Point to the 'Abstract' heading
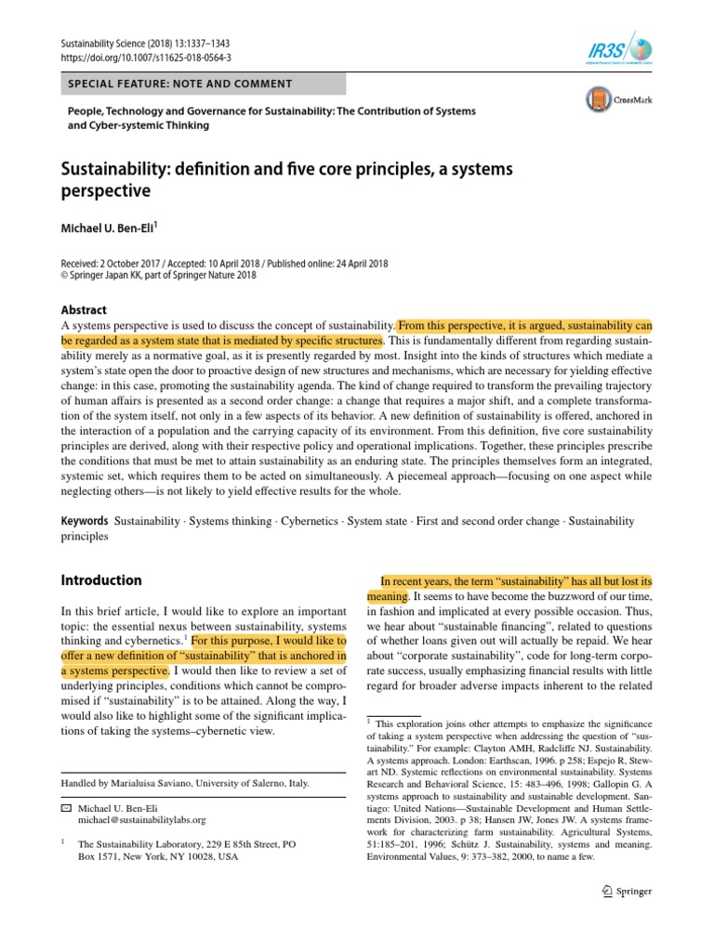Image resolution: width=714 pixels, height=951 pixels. point(83,310)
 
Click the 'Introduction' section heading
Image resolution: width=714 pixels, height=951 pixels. point(101,580)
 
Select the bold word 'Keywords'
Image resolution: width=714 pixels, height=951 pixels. point(85,522)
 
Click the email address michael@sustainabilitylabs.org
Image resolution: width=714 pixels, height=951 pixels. point(141,820)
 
